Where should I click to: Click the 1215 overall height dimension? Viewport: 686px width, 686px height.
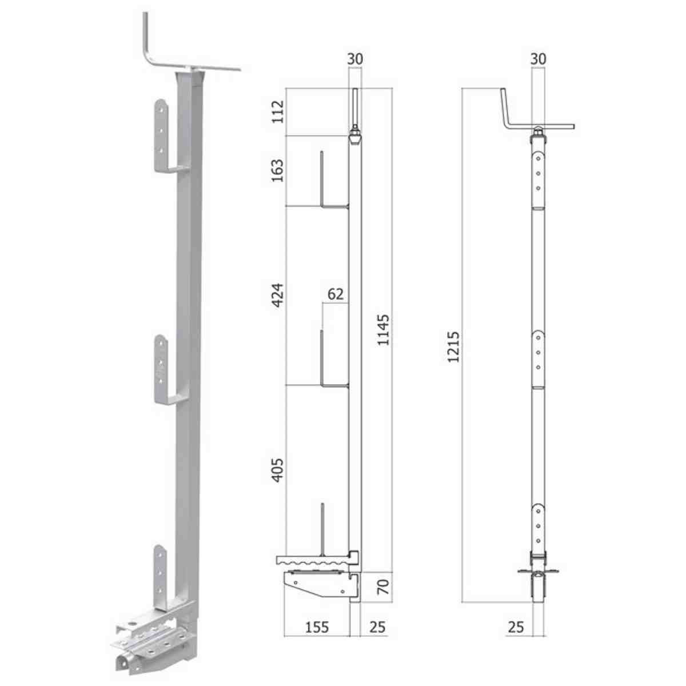[453, 346]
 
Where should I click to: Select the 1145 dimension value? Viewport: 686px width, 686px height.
[384, 330]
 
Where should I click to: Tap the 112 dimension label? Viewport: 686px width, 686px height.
[278, 112]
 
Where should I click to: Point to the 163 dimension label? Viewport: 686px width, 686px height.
[278, 170]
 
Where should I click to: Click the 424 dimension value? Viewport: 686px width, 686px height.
[278, 295]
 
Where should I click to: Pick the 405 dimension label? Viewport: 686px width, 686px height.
[278, 470]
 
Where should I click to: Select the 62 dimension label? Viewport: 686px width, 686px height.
[336, 294]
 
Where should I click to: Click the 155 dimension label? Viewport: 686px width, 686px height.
[317, 627]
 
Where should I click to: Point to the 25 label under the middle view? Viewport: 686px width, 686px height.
[378, 627]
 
